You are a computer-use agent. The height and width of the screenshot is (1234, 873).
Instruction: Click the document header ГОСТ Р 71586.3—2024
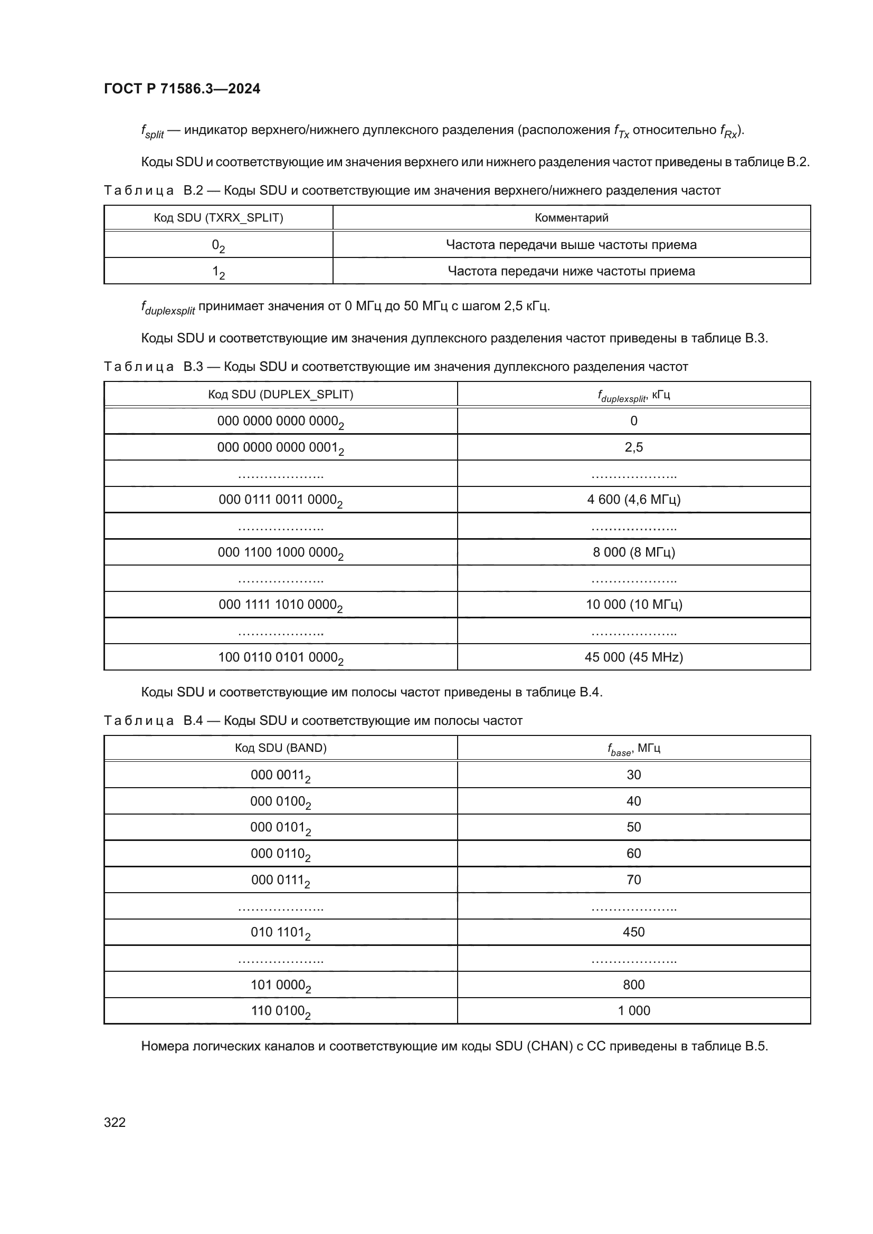click(182, 89)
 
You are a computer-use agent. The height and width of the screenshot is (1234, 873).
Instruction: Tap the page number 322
click(115, 1122)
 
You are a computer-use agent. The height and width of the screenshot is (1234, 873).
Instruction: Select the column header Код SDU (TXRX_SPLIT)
click(219, 218)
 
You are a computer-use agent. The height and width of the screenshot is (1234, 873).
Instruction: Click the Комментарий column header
click(572, 218)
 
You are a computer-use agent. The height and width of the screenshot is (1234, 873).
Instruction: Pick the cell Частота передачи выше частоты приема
click(571, 245)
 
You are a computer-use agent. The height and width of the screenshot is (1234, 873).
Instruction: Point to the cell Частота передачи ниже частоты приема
click(571, 271)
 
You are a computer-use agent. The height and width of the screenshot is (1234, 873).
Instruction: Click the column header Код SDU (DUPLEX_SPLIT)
click(281, 395)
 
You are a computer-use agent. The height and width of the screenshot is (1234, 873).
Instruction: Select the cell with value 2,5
click(633, 447)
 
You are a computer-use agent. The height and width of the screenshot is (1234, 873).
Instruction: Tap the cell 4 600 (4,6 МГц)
click(633, 499)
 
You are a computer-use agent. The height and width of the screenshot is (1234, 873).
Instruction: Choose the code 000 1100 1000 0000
click(280, 552)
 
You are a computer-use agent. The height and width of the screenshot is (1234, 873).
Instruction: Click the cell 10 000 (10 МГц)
click(633, 605)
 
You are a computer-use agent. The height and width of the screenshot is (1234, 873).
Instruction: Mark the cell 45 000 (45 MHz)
click(633, 657)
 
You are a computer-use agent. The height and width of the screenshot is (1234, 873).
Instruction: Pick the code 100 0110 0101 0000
click(280, 657)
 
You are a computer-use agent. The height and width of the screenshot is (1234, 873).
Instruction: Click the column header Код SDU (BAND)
click(281, 748)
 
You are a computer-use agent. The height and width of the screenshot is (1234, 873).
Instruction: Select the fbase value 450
click(633, 932)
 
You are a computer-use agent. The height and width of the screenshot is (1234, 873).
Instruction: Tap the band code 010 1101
click(280, 932)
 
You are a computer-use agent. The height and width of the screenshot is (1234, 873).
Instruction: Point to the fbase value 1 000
click(633, 1010)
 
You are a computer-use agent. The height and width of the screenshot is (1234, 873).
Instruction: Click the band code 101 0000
click(280, 985)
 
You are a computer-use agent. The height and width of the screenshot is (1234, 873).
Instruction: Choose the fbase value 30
click(633, 774)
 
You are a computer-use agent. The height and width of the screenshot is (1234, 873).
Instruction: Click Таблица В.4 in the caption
click(153, 720)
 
